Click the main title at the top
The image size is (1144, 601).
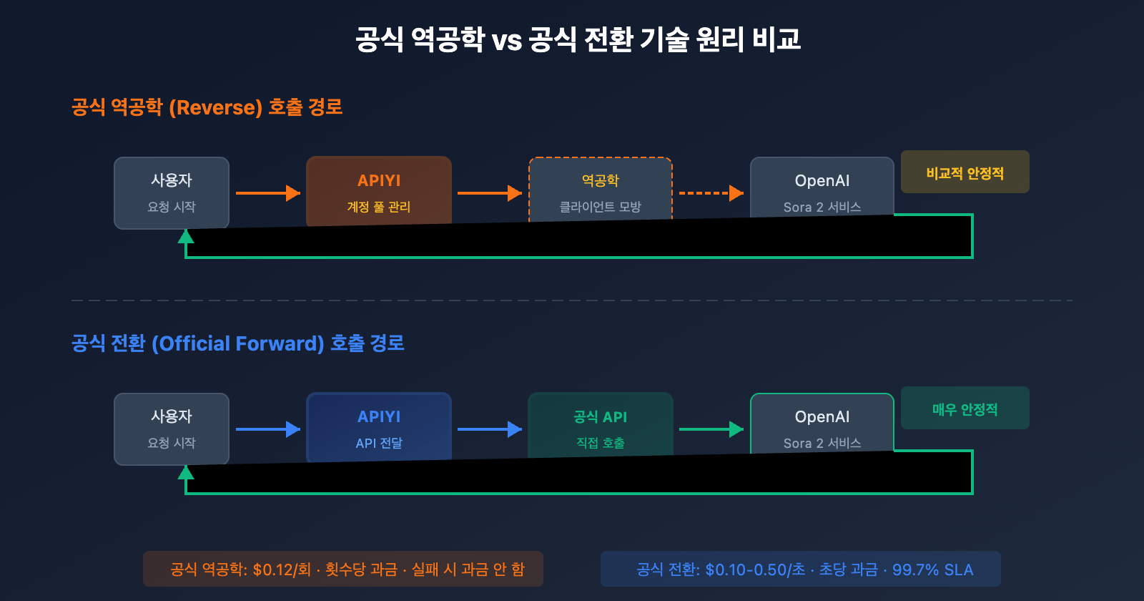tap(578, 39)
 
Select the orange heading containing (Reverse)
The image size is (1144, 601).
tap(207, 107)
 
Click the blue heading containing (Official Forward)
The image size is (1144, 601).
tap(237, 343)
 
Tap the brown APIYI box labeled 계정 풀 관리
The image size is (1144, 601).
tap(379, 190)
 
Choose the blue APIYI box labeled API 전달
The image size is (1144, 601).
tap(379, 426)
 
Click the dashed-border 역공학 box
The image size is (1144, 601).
tap(601, 190)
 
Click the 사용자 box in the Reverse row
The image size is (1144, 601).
tap(172, 192)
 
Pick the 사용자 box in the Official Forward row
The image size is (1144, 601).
tap(172, 428)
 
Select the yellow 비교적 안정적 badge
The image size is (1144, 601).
tap(965, 172)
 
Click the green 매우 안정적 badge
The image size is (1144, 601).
tap(965, 409)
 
